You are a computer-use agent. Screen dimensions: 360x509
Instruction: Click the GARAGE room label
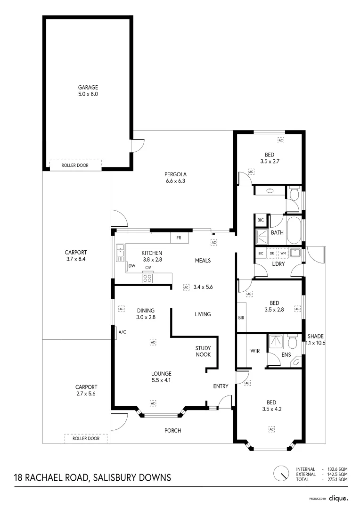coord(88,87)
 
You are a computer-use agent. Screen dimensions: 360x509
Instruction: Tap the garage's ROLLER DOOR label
coord(75,165)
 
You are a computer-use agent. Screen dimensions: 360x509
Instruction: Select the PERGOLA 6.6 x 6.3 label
coord(175,178)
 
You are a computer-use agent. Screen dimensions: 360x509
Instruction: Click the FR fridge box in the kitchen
coord(179,238)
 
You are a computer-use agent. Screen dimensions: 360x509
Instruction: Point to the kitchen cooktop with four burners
coord(147,278)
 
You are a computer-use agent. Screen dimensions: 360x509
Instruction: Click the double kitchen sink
coord(120,253)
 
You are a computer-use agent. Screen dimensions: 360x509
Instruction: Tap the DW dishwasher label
coord(132,266)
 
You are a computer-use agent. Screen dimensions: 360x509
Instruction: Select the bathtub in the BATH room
coord(294,230)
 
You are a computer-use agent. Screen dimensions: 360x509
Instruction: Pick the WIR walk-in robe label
coord(255,351)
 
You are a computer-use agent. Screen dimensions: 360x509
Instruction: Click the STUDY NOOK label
coord(203,351)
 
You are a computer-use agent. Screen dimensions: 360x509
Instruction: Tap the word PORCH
coord(172,430)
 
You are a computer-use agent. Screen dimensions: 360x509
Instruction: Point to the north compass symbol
coord(281,474)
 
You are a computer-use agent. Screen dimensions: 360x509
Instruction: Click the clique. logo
coord(338,498)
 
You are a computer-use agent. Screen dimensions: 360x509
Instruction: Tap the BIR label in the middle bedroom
coord(241,318)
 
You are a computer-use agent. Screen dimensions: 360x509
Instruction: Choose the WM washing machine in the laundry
coord(283,253)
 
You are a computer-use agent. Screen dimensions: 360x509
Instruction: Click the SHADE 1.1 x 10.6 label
coord(316,339)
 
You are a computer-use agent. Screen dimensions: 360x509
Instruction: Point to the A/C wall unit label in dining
coord(123,332)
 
